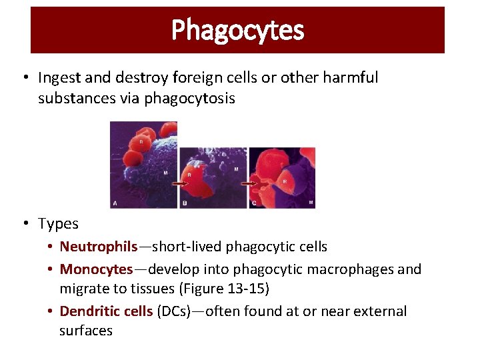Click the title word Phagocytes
[x=237, y=30]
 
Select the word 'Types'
[x=58, y=224]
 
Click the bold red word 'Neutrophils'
[x=98, y=247]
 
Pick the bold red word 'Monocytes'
[x=97, y=269]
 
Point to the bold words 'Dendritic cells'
[x=106, y=311]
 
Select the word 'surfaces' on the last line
[x=86, y=331]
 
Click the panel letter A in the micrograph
[x=115, y=203]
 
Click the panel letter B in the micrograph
[x=185, y=203]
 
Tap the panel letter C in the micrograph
[x=253, y=203]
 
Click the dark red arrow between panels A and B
[x=180, y=182]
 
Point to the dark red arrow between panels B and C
[x=248, y=182]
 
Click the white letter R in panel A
[x=141, y=141]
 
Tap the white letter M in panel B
[x=235, y=169]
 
